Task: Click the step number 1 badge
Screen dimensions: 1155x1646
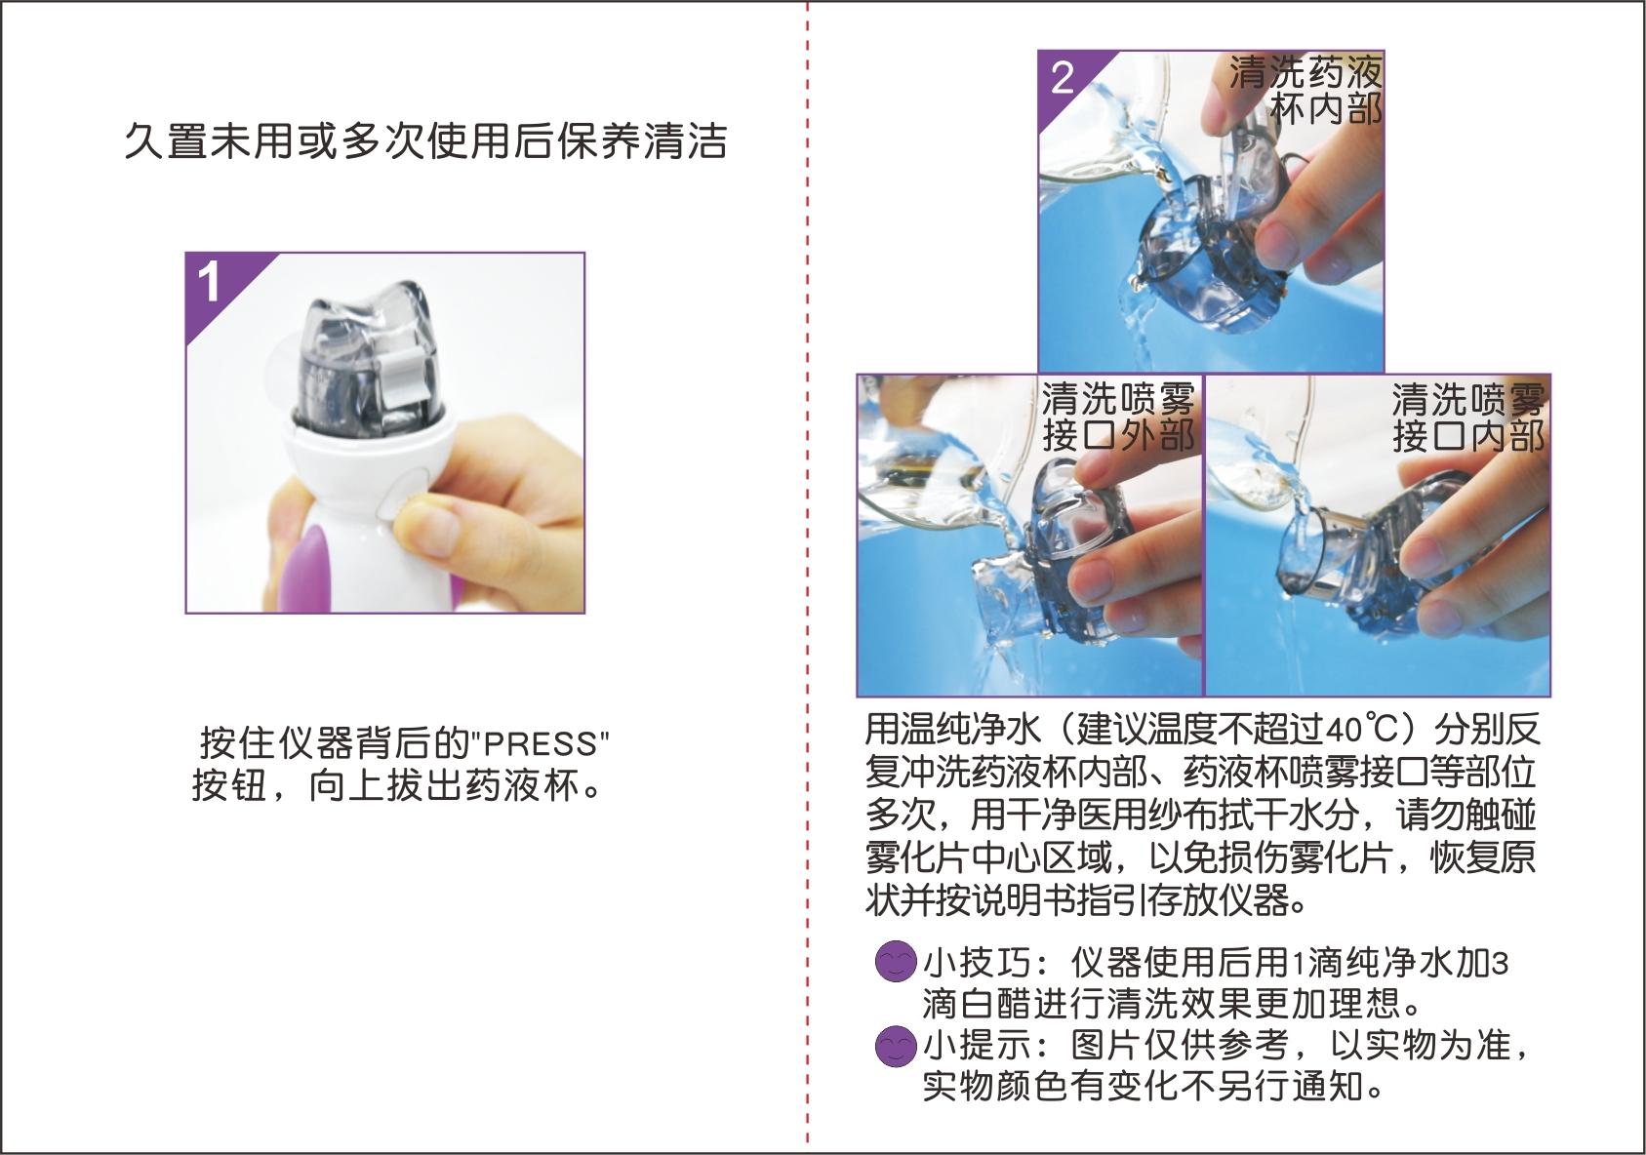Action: [210, 282]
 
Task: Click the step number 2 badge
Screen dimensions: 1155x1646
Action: [1063, 76]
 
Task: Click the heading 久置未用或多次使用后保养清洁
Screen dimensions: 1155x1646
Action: [425, 141]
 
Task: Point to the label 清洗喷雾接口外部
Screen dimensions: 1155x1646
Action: [1118, 417]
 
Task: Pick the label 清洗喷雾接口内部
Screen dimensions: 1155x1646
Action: [1467, 417]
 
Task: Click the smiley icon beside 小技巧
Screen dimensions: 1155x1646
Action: [895, 962]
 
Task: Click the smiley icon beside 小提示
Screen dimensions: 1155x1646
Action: [895, 1046]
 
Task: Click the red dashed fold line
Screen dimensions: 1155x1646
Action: [808, 585]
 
